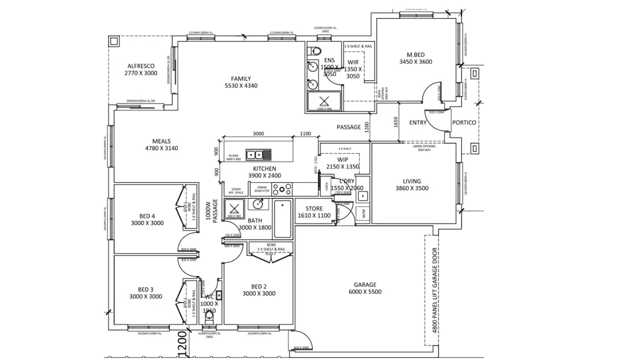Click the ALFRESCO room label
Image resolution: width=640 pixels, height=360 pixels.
pos(140,66)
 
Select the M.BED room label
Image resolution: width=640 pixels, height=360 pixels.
pos(415,54)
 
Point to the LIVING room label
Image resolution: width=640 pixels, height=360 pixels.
pos(412,181)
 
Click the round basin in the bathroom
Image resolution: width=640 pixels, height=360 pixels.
pos(258,204)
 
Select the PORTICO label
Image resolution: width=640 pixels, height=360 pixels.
pos(464,122)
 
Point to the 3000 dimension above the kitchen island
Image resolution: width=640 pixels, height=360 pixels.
pos(258,133)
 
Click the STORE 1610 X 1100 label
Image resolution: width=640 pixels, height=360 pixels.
pos(314,212)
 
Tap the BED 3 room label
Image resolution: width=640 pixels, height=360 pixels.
pos(146,289)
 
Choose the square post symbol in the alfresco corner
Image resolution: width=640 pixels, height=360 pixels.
pos(114,41)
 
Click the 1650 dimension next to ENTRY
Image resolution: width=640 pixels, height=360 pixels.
pos(395,122)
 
